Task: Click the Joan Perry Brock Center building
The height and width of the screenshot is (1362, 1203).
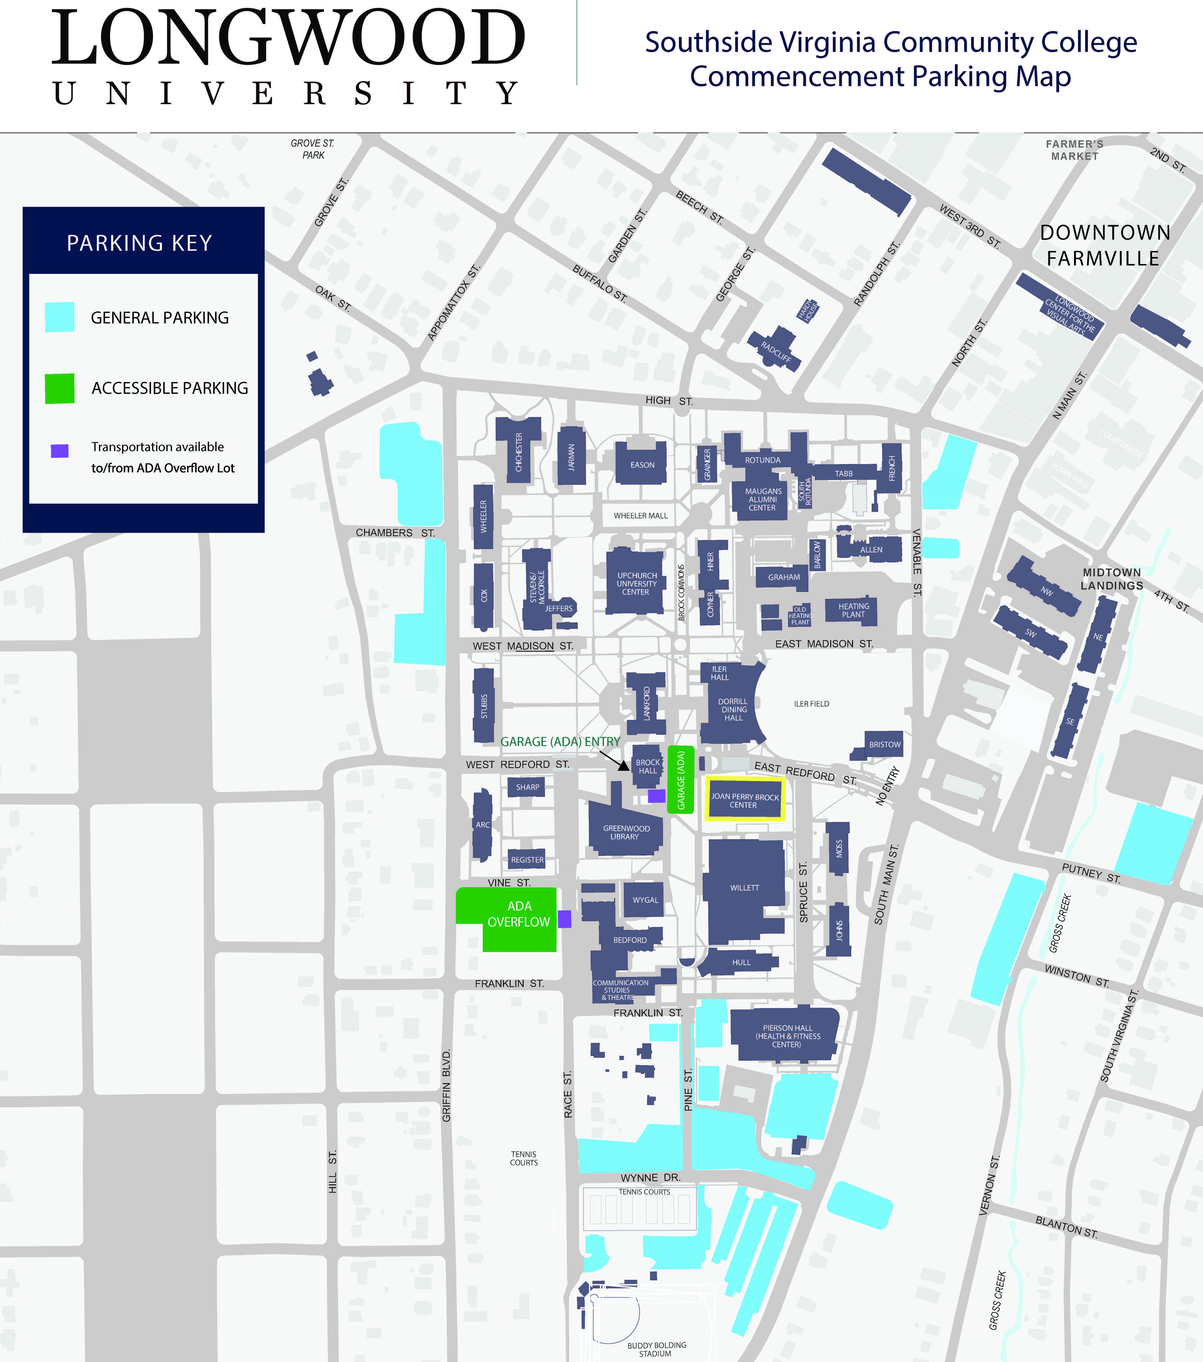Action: [x=744, y=800]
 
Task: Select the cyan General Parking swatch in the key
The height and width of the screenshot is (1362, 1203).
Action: [x=59, y=317]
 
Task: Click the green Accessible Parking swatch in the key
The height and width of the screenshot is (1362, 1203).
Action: [x=59, y=389]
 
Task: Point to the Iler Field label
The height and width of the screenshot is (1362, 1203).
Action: [x=811, y=704]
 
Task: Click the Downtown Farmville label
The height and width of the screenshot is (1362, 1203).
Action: [x=1104, y=245]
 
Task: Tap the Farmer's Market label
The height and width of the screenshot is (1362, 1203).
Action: [x=1074, y=150]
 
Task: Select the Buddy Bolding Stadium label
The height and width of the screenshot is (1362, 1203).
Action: [x=656, y=1349]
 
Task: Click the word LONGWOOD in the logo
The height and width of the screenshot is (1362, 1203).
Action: [x=289, y=39]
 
